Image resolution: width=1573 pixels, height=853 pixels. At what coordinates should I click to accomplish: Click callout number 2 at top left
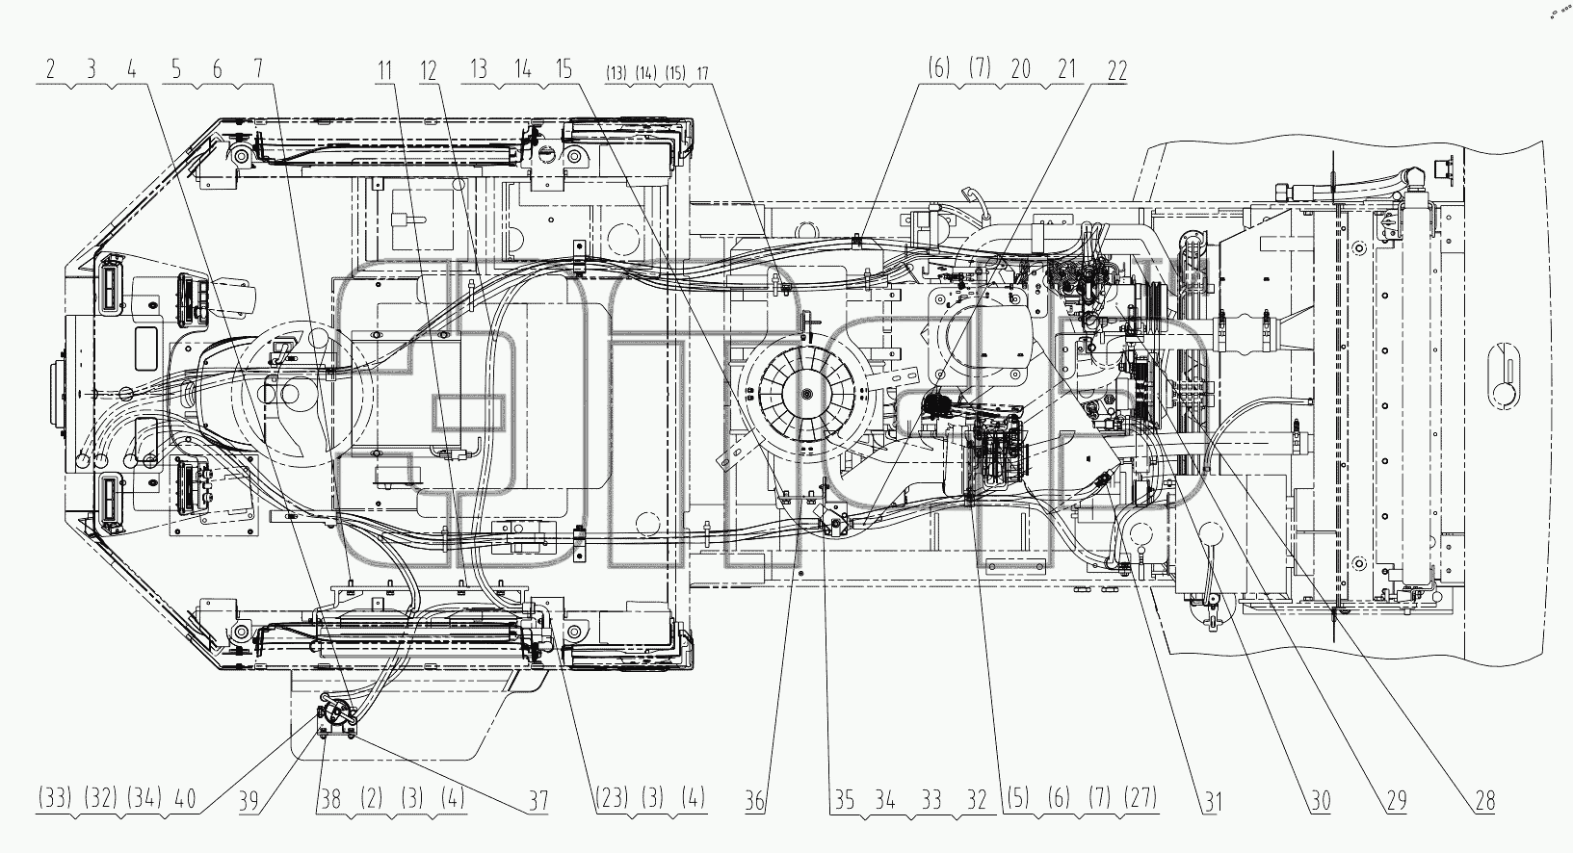click(x=50, y=68)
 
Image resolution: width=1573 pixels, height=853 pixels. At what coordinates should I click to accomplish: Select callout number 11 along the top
click(x=384, y=70)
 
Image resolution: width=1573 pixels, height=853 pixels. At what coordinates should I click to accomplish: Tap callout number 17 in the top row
click(x=702, y=72)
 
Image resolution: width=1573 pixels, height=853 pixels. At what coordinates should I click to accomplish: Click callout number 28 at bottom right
click(x=1484, y=800)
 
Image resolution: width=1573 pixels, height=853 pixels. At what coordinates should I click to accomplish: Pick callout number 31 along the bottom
click(x=1213, y=800)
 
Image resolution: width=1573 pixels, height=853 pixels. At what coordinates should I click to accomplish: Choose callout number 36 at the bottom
click(x=755, y=800)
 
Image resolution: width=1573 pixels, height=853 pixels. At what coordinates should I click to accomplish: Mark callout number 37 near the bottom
click(x=537, y=800)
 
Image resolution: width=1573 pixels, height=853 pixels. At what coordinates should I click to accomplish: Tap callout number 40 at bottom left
click(x=185, y=799)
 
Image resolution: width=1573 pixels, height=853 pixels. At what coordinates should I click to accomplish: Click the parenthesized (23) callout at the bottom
click(x=611, y=798)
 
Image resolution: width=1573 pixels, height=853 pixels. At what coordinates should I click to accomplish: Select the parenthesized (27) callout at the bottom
click(x=1140, y=798)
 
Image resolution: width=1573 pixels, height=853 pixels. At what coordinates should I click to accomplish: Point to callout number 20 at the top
click(x=1020, y=68)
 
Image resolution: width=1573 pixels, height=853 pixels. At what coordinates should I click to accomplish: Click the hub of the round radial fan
click(x=805, y=395)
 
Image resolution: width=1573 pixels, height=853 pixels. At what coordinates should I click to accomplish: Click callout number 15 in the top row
click(x=564, y=68)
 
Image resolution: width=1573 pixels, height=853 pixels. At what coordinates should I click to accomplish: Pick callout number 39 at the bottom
click(x=249, y=800)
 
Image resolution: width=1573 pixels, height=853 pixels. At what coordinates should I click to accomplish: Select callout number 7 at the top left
click(x=258, y=68)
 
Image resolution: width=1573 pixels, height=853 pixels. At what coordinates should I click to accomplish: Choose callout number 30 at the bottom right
click(x=1321, y=800)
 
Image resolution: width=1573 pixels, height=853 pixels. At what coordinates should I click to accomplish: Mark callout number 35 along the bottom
click(x=845, y=799)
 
